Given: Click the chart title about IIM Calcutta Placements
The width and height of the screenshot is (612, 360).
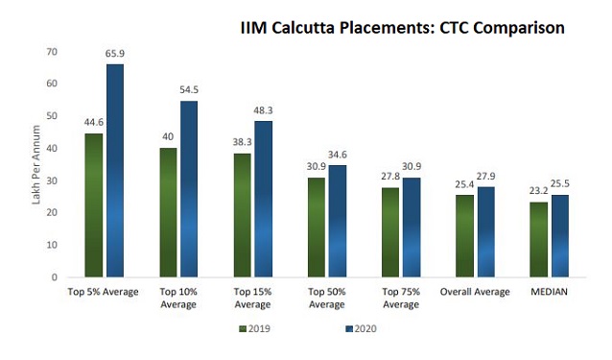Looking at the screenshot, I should (x=402, y=28).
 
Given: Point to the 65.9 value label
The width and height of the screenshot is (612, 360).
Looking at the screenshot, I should (x=116, y=56).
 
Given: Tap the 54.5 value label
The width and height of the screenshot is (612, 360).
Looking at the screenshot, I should (x=190, y=92).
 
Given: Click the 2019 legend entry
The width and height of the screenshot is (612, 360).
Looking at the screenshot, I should (x=253, y=328).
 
